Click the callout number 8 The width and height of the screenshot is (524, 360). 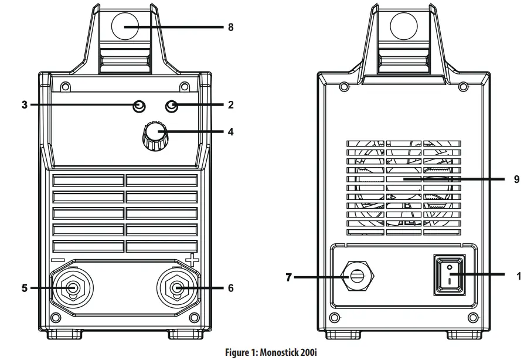[231, 27]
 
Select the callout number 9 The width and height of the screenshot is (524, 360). [516, 179]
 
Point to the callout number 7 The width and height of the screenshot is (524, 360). [288, 277]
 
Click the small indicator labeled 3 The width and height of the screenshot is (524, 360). [138, 106]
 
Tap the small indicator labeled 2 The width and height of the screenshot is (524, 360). [172, 106]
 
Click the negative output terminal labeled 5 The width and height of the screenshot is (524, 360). [72, 288]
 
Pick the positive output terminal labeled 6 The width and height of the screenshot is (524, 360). [177, 288]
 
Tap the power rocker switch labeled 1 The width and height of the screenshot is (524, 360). [450, 274]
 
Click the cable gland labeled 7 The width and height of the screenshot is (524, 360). [356, 277]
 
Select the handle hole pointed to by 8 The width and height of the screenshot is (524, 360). [124, 27]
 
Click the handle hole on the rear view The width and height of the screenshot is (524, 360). [404, 27]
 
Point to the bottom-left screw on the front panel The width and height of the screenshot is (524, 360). [56, 318]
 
